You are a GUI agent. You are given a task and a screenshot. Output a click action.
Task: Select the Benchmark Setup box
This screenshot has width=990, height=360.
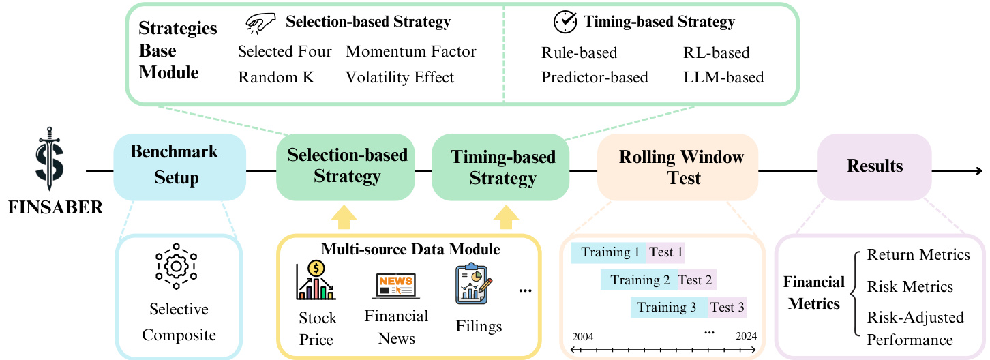coord(179,166)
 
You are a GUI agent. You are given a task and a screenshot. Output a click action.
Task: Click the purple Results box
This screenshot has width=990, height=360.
coord(874,166)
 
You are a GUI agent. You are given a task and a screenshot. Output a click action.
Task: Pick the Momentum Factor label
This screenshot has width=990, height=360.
coord(411,52)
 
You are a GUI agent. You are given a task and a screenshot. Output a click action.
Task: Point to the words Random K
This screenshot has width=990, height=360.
coord(276,77)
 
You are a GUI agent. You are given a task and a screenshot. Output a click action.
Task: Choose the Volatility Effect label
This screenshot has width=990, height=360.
coord(400,77)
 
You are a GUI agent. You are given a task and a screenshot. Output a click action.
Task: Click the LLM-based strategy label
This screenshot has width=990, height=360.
coord(723,77)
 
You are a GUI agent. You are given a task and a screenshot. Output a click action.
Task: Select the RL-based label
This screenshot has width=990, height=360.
coord(716,52)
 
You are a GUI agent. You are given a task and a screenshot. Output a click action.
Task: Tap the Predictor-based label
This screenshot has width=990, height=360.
coord(595,77)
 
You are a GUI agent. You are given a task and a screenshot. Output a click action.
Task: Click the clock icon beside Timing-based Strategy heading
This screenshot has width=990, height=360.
coord(565,22)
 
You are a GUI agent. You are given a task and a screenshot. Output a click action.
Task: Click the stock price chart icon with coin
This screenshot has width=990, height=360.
coord(316,280)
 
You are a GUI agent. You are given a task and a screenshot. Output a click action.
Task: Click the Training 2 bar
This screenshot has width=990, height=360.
coord(639,280)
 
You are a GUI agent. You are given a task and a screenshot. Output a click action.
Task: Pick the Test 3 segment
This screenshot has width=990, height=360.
coord(727,307)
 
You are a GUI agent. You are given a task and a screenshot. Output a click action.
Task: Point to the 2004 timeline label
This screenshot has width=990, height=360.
coord(583,336)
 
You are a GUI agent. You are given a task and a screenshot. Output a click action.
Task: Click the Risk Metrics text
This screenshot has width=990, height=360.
coord(910,286)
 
